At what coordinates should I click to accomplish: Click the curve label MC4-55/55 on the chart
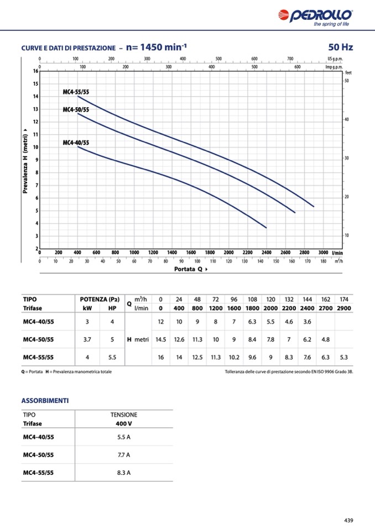tap(76, 92)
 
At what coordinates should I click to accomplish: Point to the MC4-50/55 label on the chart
tap(76, 110)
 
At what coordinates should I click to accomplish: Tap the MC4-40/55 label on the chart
tap(76, 143)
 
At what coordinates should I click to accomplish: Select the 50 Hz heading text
tap(340, 48)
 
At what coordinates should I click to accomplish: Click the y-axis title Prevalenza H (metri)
tap(25, 161)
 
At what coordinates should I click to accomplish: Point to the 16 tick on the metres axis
tap(35, 71)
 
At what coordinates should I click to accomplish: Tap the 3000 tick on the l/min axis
tap(324, 252)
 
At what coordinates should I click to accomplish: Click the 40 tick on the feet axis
tap(347, 119)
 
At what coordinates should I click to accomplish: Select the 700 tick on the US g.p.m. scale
tap(290, 58)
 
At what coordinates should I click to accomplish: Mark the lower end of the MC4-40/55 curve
tap(266, 227)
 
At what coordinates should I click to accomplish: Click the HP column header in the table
tap(112, 308)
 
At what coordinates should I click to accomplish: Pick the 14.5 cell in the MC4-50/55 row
tap(161, 339)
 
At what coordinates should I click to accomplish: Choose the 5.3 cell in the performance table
tap(344, 357)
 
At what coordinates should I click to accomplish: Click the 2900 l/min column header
tap(344, 308)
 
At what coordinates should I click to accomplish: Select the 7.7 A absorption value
tap(123, 455)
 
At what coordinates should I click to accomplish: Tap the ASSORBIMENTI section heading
tap(45, 400)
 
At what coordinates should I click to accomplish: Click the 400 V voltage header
tap(123, 424)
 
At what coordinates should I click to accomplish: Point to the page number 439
tap(348, 519)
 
